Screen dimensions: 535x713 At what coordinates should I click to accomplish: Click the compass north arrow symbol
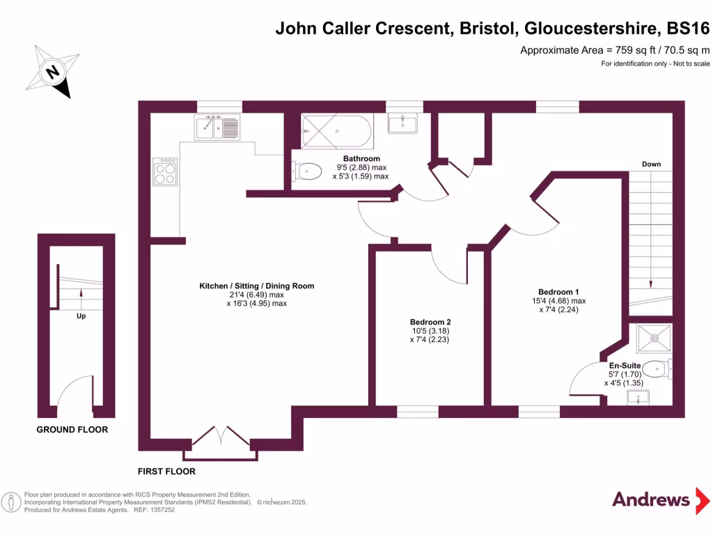point(51,72)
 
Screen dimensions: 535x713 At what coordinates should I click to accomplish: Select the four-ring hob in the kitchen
point(165,171)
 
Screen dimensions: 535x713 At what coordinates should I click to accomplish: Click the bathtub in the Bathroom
point(337,130)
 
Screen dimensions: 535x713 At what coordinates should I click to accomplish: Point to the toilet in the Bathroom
point(306,170)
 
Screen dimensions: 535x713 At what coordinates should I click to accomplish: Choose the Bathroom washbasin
point(403,123)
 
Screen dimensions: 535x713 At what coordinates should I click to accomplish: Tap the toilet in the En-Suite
point(657,368)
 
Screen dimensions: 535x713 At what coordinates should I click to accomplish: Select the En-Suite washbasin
point(638,398)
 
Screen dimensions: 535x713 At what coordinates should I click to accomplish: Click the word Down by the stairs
point(651,164)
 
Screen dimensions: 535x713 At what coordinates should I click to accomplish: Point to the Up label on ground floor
point(81,316)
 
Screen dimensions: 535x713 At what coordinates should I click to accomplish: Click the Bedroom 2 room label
point(430,322)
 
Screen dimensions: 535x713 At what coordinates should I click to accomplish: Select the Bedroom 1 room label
point(558,292)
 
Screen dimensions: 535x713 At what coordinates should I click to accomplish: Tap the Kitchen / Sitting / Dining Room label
point(256,286)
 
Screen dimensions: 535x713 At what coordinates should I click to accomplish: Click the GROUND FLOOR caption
point(72,430)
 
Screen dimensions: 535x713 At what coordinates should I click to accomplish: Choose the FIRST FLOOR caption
point(166,472)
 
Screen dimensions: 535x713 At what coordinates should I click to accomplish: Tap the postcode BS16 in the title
point(687,29)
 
